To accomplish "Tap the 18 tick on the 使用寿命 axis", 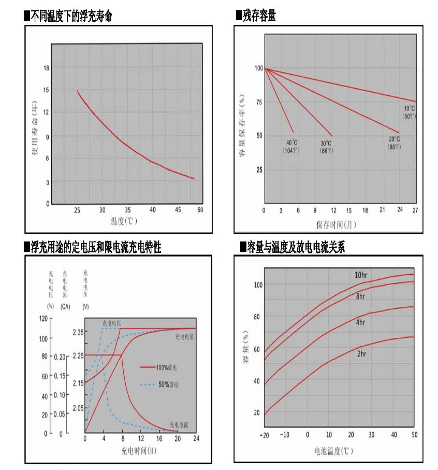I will (x=47, y=68).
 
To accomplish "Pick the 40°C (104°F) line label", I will (x=291, y=146).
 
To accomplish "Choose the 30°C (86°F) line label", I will (x=326, y=147).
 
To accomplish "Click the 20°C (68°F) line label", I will (x=395, y=143).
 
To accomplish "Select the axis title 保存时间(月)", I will (x=336, y=224).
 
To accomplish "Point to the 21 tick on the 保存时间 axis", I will (x=382, y=210).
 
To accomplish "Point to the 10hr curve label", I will (x=361, y=275).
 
